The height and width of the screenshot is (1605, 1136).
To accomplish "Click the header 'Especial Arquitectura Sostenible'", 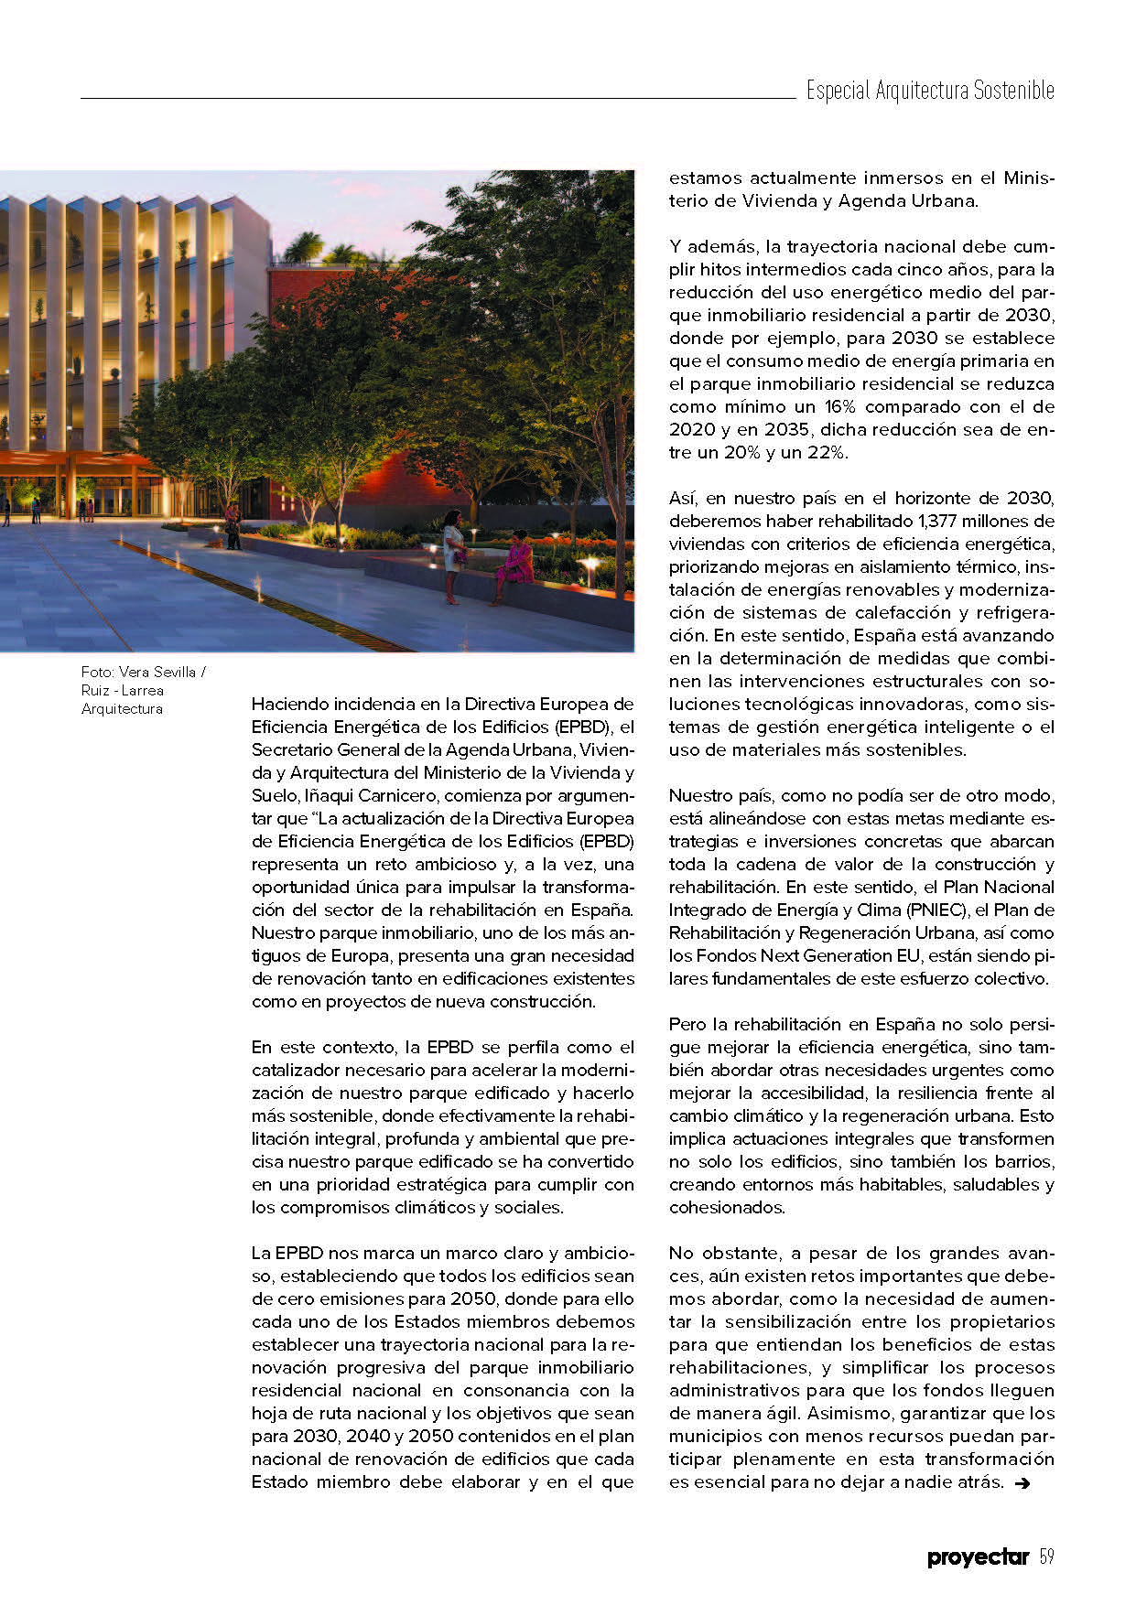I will coord(929,91).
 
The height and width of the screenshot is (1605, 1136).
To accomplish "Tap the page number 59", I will coord(1047,1557).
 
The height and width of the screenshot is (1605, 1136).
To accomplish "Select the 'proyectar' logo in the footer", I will coord(978,1557).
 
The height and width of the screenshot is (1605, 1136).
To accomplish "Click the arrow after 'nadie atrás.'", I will coord(1022,1483).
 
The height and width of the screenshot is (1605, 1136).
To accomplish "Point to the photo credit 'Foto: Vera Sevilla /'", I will coord(144,672).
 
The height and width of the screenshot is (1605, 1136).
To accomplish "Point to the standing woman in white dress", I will coord(453,555).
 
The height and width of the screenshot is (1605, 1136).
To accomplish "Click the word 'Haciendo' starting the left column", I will coord(289,705).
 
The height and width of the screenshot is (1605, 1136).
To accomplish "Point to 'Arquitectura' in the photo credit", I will coord(122,709).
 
